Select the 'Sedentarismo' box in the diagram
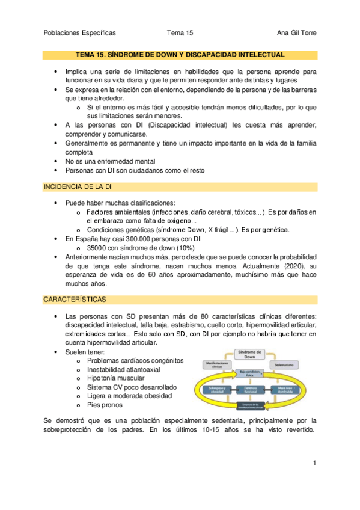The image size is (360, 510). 285,365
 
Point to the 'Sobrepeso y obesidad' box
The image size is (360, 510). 211,390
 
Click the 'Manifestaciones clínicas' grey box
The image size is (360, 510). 212,365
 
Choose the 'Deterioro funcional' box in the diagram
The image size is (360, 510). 248,390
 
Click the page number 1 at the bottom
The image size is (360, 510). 314,463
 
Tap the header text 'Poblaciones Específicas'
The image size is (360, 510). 80,33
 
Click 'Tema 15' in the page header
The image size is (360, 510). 180,33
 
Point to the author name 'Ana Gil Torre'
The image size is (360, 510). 296,33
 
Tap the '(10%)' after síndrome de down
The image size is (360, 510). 183,247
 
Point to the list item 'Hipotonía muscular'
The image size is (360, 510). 115,378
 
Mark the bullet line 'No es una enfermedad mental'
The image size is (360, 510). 110,161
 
